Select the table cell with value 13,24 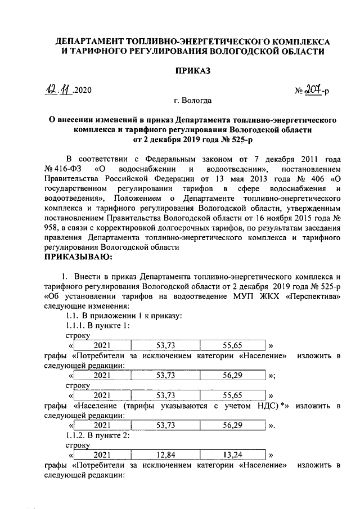(x=232, y=454)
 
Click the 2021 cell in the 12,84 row (x=102, y=454)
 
